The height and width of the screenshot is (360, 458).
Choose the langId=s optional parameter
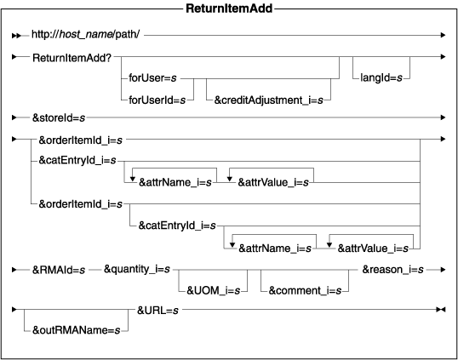point(379,78)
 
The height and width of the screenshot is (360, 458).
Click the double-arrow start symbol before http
point(15,35)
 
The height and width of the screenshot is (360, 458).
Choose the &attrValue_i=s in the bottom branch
point(371,248)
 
